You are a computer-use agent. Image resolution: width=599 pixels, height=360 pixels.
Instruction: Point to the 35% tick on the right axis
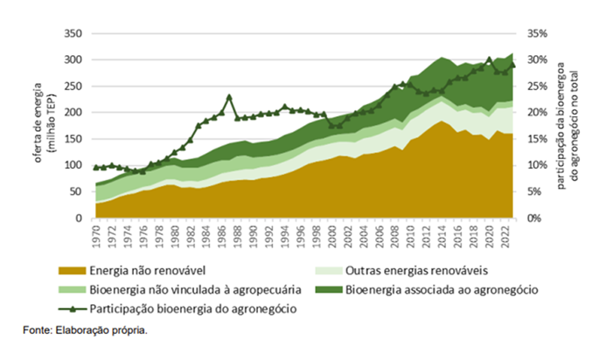537,34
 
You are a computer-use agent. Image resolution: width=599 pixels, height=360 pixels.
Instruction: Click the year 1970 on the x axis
95,233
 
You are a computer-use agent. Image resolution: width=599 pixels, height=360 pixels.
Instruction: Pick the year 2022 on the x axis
505,233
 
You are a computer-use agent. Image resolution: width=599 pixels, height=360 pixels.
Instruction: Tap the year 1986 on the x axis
221,233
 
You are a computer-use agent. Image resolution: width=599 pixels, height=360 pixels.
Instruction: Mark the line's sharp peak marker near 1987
229,97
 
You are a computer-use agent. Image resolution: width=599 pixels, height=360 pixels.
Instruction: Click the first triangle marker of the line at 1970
95,167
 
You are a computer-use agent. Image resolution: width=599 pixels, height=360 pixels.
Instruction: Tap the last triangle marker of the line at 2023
513,66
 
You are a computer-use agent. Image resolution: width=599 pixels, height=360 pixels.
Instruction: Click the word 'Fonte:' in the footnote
37,331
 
